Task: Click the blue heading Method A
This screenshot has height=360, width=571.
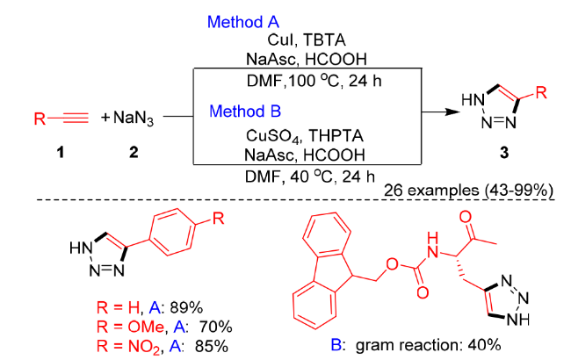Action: click(242, 22)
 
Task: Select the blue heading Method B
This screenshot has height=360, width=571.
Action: click(245, 111)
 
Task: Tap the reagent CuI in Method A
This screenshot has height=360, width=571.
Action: click(280, 40)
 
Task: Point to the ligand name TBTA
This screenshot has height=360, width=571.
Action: click(324, 40)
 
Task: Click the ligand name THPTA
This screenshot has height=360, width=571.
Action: click(336, 136)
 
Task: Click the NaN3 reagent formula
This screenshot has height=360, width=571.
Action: click(134, 118)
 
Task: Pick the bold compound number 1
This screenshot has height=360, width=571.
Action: click(61, 151)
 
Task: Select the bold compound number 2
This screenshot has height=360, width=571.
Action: click(134, 151)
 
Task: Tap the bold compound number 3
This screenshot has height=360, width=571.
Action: click(504, 152)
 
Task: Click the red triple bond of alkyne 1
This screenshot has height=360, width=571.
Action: click(76, 118)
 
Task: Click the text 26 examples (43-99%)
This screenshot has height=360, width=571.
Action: click(468, 191)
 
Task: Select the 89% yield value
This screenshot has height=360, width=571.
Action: click(186, 308)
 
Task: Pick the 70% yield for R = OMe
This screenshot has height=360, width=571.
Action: click(215, 327)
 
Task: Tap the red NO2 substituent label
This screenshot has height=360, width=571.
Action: click(144, 347)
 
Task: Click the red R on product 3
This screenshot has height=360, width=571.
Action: click(541, 92)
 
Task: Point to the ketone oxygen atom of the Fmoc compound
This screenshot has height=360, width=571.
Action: click(465, 217)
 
